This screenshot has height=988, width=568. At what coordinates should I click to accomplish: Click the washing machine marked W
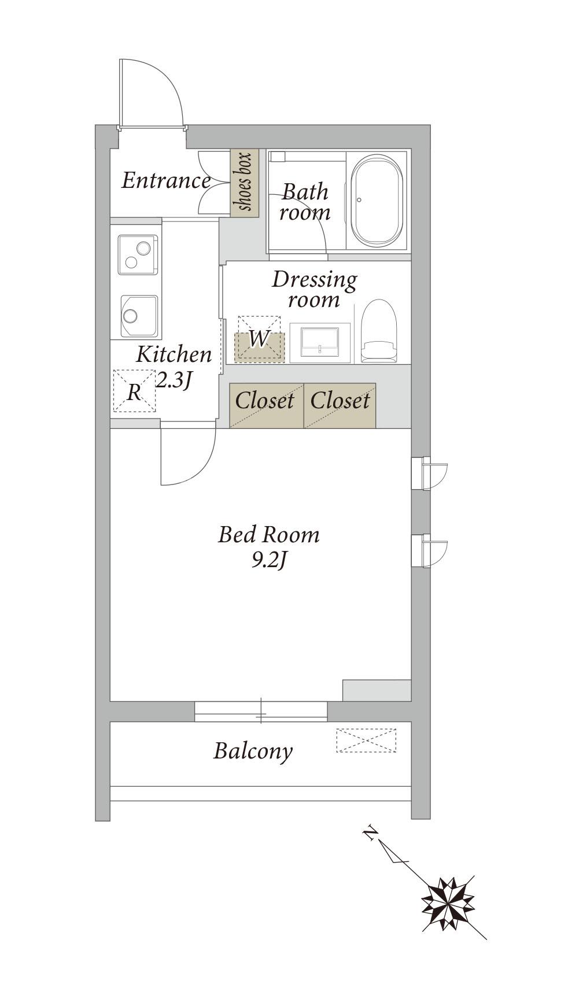(260, 339)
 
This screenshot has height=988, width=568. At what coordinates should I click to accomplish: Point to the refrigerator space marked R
(134, 391)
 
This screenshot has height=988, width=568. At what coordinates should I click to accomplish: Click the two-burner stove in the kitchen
(138, 254)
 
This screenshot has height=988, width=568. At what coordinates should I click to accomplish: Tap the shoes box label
(245, 182)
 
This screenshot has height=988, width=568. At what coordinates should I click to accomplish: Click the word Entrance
(166, 181)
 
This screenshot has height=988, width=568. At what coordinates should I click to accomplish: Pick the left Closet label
(264, 401)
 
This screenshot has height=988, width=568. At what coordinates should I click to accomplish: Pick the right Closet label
(340, 401)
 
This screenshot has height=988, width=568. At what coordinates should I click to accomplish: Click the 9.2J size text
(270, 561)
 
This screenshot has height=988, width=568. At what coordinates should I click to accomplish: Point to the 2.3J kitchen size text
(174, 380)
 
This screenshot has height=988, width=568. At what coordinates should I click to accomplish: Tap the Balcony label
(253, 751)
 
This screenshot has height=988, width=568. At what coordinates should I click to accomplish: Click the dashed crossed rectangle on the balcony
(366, 740)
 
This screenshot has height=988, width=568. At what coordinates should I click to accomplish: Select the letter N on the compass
(370, 834)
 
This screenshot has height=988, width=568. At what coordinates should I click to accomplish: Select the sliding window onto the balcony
(261, 712)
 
